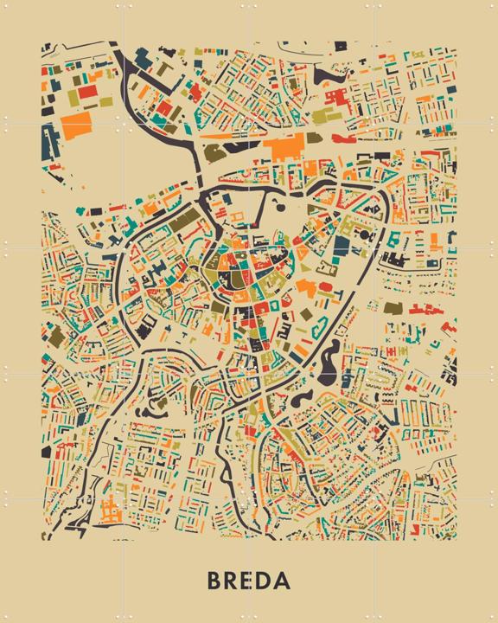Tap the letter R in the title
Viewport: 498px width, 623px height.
[x=231, y=580]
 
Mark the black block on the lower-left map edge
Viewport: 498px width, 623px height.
[x=46, y=451]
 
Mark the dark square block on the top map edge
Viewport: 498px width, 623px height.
[x=341, y=45]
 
